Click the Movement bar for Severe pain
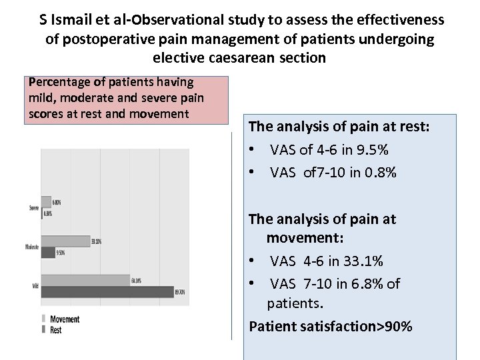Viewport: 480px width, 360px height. (x=46, y=201)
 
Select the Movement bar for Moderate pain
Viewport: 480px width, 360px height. (x=65, y=241)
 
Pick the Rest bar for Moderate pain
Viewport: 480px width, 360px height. (x=48, y=253)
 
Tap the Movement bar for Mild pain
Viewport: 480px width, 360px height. (x=85, y=281)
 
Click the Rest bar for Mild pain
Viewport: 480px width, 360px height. (x=107, y=291)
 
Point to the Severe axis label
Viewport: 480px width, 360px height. (x=33, y=207)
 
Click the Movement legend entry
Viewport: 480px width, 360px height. (x=64, y=319)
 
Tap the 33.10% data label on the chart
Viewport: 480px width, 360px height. (x=96, y=241)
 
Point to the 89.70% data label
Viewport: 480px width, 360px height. (x=179, y=292)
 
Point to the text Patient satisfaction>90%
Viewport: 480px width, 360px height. (x=330, y=326)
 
